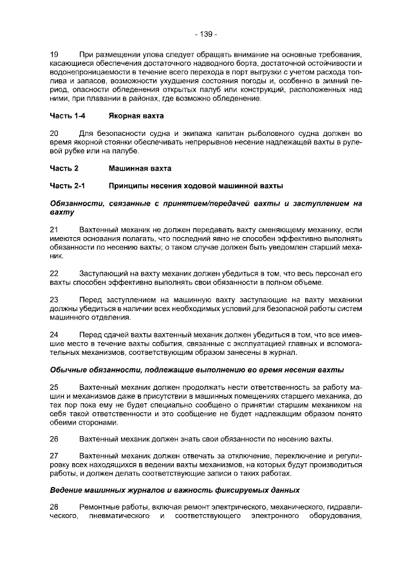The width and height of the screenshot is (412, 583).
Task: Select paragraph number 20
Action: [54, 133]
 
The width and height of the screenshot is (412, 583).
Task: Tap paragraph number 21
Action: [54, 229]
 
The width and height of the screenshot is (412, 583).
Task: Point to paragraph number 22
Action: [54, 273]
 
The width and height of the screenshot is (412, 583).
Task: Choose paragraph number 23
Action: [54, 300]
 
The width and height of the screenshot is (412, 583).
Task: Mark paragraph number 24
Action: [54, 335]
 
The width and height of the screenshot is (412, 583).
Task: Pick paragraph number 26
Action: [54, 440]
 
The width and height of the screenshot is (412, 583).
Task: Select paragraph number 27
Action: [54, 457]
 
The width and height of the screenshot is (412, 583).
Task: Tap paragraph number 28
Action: [54, 507]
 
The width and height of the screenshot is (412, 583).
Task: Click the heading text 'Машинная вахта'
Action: [140, 168]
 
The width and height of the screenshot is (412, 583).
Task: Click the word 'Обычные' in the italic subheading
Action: [70, 370]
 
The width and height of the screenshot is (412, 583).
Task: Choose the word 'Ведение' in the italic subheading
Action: [68, 490]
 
